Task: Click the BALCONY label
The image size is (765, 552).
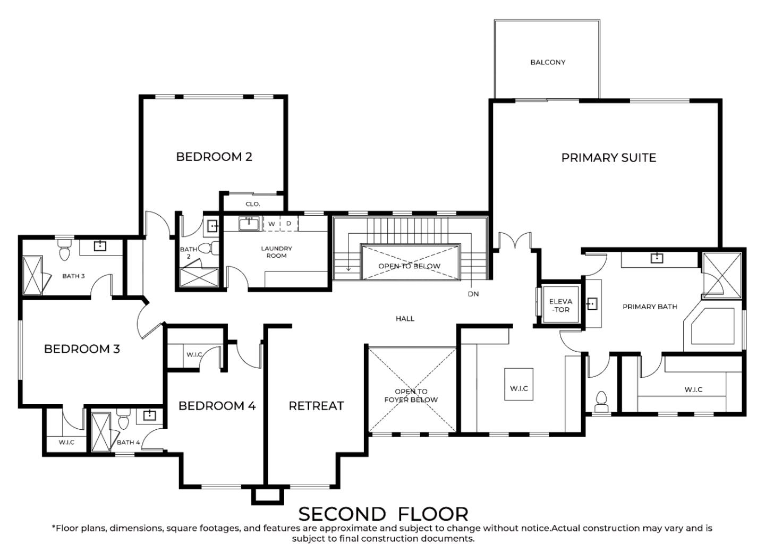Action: point(548,62)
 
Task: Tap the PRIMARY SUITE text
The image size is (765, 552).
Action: point(609,158)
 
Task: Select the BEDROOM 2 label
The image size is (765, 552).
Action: point(214,157)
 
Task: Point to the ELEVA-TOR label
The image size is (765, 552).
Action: point(560,305)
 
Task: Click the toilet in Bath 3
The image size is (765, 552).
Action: point(64,250)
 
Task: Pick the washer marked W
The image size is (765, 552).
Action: point(271,224)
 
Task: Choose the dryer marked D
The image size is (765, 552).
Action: point(289,224)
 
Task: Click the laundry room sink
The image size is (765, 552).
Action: point(249,224)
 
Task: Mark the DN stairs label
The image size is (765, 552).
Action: point(473,294)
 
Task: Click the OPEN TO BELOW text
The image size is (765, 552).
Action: point(409,266)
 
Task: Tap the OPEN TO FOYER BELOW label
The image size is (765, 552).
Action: point(411,396)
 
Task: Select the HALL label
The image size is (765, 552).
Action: point(405,319)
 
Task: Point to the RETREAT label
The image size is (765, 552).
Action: point(316,406)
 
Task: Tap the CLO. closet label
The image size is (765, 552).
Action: point(253,204)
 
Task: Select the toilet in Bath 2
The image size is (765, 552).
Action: point(208,248)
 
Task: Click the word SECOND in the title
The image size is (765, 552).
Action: point(342,514)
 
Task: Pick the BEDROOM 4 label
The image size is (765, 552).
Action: point(217,406)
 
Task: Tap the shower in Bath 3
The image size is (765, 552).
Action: point(32,275)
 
